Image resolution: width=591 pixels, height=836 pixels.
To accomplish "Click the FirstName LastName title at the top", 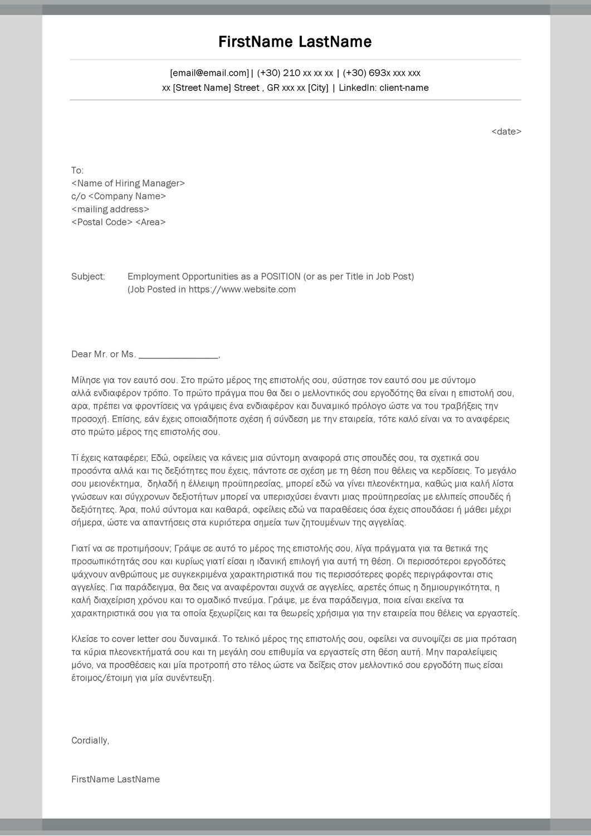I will (295, 42).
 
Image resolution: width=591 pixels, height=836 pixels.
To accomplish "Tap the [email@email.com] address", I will (209, 73).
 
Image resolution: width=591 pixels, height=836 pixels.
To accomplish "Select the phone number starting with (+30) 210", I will (295, 73).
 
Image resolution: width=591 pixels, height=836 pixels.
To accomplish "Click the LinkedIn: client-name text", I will (384, 88).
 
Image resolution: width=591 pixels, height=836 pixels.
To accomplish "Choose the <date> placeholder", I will (506, 132).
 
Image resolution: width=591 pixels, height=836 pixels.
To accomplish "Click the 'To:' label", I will (77, 171).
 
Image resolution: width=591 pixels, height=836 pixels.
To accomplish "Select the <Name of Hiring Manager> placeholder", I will (128, 183).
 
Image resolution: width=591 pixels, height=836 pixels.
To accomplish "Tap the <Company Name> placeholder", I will (127, 196).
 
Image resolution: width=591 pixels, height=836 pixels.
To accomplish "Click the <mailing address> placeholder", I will (110, 210).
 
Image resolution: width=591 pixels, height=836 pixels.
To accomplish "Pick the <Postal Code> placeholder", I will (102, 222).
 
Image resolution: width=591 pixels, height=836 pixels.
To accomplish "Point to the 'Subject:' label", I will (88, 276).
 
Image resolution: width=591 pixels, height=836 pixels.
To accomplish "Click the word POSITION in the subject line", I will (281, 276).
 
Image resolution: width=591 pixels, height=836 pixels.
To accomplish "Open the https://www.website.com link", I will (242, 289).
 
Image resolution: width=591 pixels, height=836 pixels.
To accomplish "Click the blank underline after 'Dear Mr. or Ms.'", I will (178, 355).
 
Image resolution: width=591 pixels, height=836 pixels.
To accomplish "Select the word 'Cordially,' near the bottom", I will (90, 741).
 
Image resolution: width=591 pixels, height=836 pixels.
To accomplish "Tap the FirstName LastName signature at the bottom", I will (115, 780).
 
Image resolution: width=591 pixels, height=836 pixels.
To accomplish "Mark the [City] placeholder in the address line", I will (318, 88).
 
